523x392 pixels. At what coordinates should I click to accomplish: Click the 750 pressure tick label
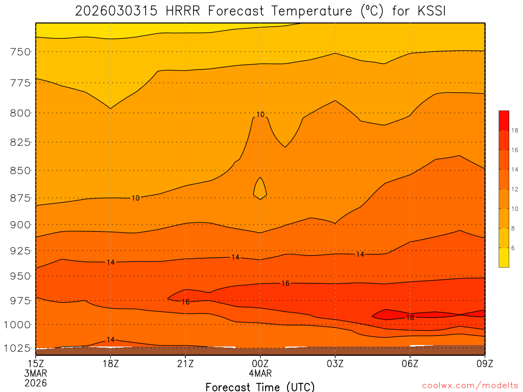[20, 52]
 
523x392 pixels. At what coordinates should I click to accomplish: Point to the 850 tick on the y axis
[20, 170]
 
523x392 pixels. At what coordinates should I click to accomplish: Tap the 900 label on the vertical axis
[20, 225]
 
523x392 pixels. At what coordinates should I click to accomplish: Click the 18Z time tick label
[110, 364]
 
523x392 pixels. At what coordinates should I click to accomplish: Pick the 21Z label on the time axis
[185, 364]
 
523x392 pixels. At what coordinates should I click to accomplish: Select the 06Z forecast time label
[410, 364]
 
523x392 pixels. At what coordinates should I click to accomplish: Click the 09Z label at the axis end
[485, 364]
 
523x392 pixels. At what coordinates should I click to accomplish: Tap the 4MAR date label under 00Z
[260, 374]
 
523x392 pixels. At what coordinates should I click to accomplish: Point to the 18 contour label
[410, 317]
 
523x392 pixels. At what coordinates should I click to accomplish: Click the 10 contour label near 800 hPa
[260, 115]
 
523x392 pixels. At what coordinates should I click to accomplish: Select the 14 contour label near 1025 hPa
[110, 340]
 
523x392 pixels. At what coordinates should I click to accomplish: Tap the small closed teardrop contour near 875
[260, 189]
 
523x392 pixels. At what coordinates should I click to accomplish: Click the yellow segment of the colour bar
[504, 257]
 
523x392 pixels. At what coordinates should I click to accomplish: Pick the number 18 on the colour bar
[515, 131]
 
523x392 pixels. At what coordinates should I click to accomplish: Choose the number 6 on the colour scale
[513, 248]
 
